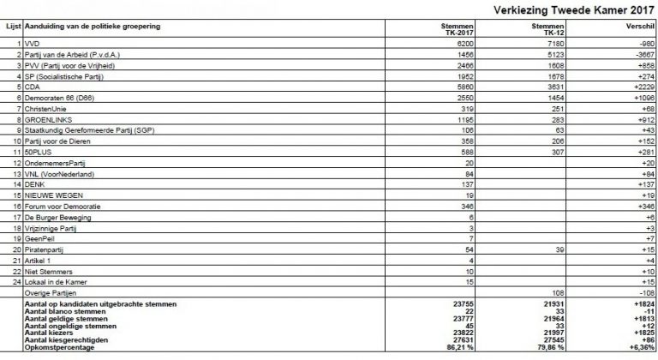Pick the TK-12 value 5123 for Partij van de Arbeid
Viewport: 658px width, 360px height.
547,53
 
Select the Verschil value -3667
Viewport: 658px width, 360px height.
641,53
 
